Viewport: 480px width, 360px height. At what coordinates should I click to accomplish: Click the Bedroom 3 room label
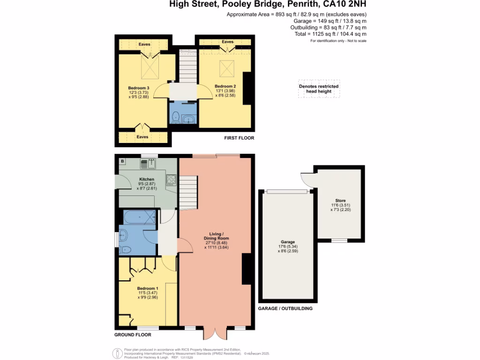(139, 88)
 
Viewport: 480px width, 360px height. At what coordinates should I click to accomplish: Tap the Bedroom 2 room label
(225, 86)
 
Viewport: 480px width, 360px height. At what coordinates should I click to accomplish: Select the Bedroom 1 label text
(147, 288)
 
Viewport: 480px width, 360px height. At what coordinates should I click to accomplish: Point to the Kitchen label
(147, 180)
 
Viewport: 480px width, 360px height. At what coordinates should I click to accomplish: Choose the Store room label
(340, 200)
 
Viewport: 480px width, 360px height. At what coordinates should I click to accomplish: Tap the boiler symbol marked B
(122, 161)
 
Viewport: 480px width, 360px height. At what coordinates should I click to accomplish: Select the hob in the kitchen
(171, 179)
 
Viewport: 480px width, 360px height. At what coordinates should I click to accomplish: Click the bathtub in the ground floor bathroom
(139, 217)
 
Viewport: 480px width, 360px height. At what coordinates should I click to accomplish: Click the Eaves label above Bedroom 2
(227, 42)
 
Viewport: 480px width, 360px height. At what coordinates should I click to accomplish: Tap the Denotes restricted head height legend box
(319, 89)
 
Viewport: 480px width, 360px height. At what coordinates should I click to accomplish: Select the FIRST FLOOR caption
(239, 138)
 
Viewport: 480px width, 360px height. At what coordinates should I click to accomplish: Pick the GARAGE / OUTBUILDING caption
(285, 308)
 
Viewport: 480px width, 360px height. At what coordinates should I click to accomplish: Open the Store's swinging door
(306, 179)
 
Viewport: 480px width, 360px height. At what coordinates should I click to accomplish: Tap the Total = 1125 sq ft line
(337, 34)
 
